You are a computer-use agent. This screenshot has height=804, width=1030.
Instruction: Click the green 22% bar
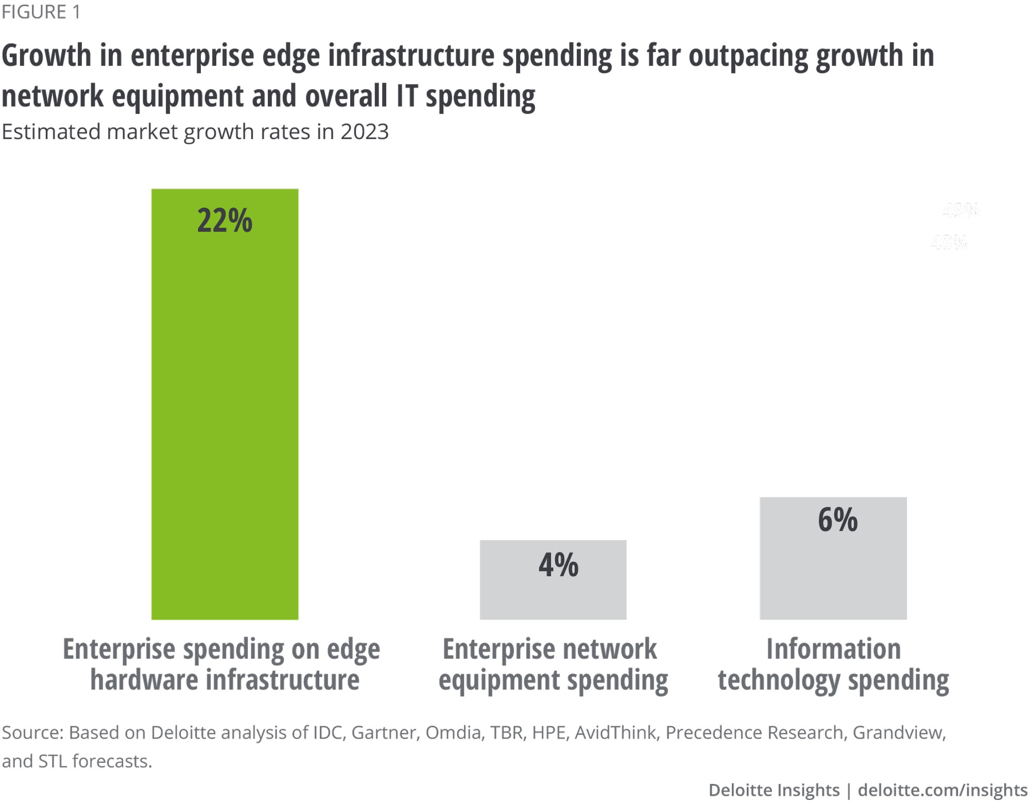[x=225, y=412]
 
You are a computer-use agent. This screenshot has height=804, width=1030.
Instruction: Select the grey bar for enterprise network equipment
[x=553, y=592]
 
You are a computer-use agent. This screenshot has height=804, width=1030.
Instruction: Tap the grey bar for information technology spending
[x=833, y=572]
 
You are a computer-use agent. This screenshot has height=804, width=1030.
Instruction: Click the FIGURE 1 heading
[x=41, y=12]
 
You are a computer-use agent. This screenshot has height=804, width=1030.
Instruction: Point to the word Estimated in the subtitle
[x=51, y=132]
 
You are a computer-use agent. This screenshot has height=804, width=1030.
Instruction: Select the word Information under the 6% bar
[x=833, y=648]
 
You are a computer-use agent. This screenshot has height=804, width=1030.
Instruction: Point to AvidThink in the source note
[x=615, y=732]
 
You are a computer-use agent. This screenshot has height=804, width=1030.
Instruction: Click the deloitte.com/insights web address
[x=942, y=790]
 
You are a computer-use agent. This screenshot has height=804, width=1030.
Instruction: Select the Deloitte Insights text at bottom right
[x=774, y=790]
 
